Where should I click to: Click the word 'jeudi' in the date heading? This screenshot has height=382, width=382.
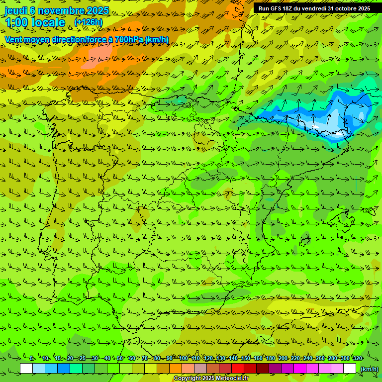pyautogui.click(x=15, y=10)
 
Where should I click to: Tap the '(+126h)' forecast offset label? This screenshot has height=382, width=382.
pyautogui.click(x=88, y=22)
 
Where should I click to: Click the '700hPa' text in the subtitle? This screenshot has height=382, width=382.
pyautogui.click(x=129, y=39)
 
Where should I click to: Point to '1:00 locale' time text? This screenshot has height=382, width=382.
pyautogui.click(x=35, y=22)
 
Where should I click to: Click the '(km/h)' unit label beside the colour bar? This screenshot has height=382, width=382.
pyautogui.click(x=369, y=369)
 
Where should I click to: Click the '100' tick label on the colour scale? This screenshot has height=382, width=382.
pyautogui.click(x=184, y=358)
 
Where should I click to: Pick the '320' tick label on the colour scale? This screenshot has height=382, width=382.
pyautogui.click(x=357, y=358)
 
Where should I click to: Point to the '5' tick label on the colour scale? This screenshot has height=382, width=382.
pyautogui.click(x=32, y=358)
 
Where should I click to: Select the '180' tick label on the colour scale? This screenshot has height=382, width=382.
pyautogui.click(x=271, y=358)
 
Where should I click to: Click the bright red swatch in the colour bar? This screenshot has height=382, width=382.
pyautogui.click(x=238, y=369)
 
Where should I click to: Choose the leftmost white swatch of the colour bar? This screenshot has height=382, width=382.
pyautogui.click(x=26, y=369)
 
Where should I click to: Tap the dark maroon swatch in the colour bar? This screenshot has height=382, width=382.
pyautogui.click(x=263, y=369)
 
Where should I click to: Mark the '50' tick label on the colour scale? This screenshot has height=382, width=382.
pyautogui.click(x=120, y=358)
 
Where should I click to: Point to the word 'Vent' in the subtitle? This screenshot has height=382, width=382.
pyautogui.click(x=14, y=39)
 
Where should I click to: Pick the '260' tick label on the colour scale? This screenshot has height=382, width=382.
pyautogui.click(x=320, y=358)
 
